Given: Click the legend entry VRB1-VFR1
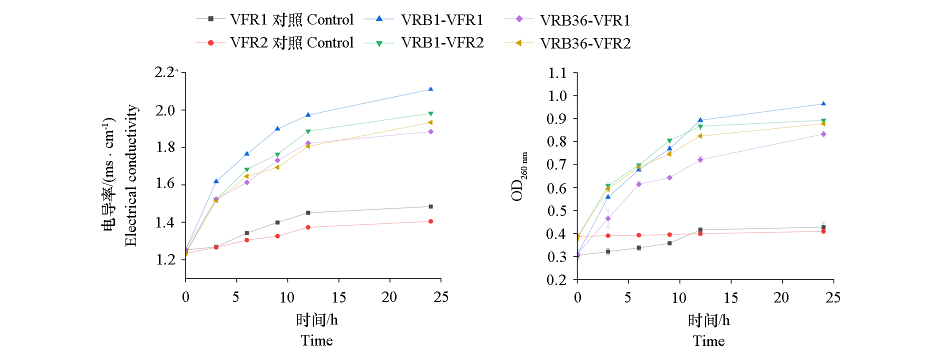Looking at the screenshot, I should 442,19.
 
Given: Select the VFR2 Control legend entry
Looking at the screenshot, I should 291,42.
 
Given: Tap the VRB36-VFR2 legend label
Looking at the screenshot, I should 585,43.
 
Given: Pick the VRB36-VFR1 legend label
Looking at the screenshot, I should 585,20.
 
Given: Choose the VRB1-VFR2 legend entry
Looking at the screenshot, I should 442,42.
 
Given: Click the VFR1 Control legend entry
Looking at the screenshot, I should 291,19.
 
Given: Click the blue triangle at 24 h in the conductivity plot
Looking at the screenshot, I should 430,89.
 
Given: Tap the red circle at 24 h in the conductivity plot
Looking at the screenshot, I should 430,221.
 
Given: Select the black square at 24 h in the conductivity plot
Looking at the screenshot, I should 430,206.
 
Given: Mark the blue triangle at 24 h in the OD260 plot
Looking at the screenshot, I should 823,104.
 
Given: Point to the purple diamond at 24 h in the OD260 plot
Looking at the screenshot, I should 823,134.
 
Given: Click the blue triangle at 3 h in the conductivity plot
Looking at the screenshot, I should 216,181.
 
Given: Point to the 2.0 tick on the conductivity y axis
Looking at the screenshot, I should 165,110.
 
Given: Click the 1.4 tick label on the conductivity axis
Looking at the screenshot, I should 165,222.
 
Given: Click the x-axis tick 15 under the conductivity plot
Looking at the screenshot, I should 338,297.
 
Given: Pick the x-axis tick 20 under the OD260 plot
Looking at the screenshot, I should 781,298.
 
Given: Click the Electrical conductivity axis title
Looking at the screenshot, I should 131,175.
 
